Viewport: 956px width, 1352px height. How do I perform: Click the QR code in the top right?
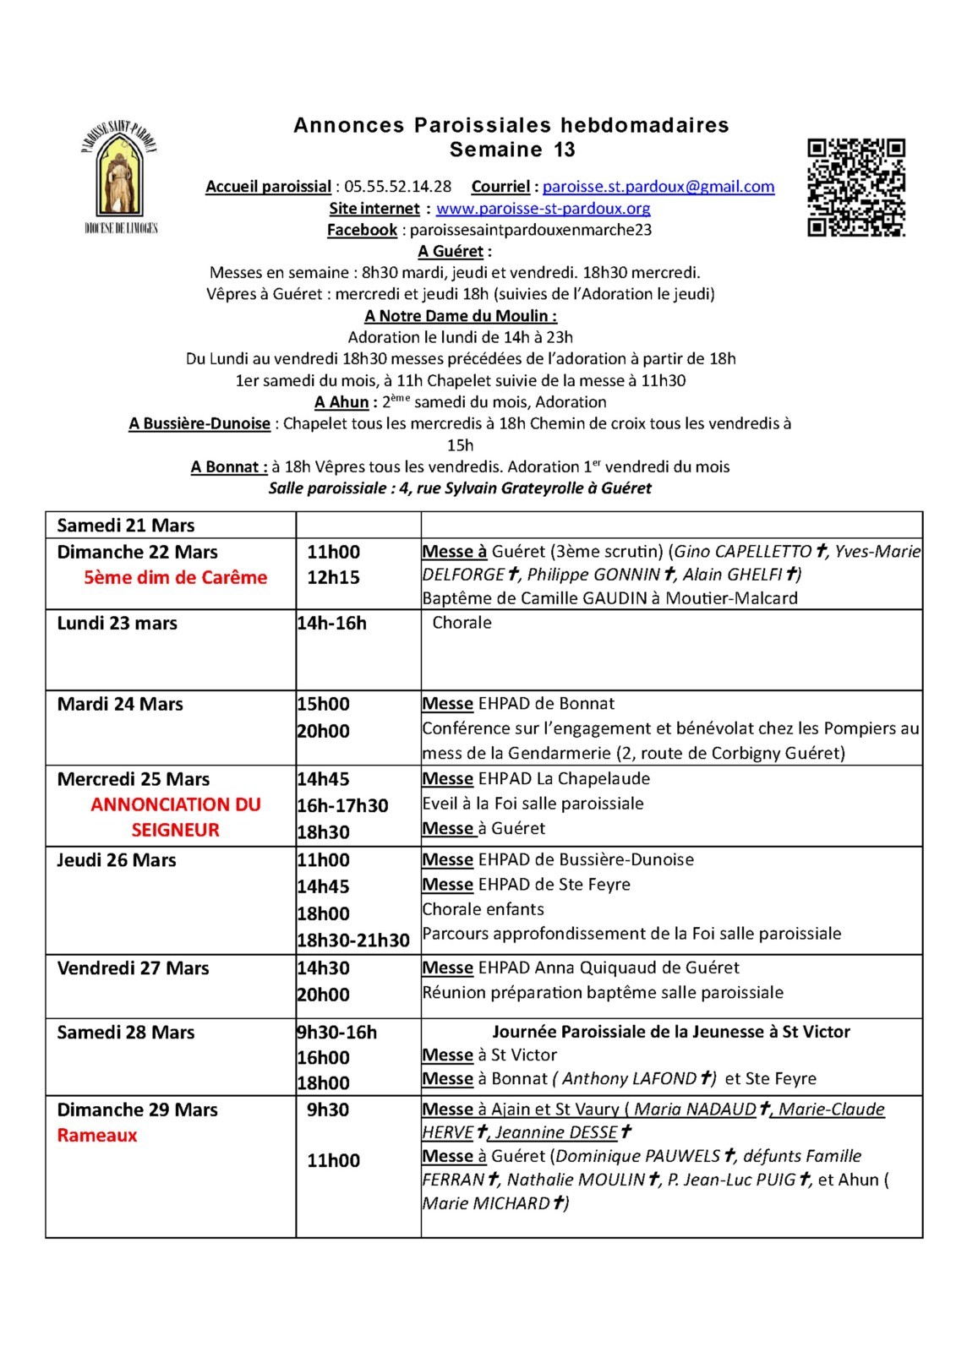pyautogui.click(x=855, y=188)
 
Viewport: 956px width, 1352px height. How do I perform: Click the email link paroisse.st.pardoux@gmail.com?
pyautogui.click(x=658, y=187)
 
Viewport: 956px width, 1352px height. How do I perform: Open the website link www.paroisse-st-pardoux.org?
pyautogui.click(x=543, y=208)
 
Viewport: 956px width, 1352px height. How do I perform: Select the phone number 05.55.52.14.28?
pyautogui.click(x=397, y=187)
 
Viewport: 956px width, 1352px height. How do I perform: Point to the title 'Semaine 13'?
pyautogui.click(x=512, y=150)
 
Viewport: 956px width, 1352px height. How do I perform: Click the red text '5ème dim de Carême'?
pyautogui.click(x=175, y=578)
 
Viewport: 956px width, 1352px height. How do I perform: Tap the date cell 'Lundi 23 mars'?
pyautogui.click(x=117, y=624)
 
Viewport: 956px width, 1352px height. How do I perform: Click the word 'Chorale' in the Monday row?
pyautogui.click(x=462, y=623)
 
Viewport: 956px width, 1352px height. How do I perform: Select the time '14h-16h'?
pyautogui.click(x=331, y=624)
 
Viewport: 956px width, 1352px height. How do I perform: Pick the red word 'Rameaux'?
pyautogui.click(x=97, y=1135)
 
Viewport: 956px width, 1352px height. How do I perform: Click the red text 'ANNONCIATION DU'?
pyautogui.click(x=176, y=804)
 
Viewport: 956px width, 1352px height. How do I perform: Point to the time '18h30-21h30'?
pyautogui.click(x=352, y=940)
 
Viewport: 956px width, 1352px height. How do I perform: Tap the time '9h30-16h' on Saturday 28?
pyautogui.click(x=336, y=1032)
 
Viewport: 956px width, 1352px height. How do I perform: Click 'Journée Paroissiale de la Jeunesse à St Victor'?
pyautogui.click(x=671, y=1032)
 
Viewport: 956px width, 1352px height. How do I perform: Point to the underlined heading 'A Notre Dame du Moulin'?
pyautogui.click(x=460, y=316)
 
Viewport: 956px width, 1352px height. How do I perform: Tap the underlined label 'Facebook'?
pyautogui.click(x=362, y=230)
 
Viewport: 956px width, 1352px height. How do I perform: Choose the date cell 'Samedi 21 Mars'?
pyautogui.click(x=126, y=526)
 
